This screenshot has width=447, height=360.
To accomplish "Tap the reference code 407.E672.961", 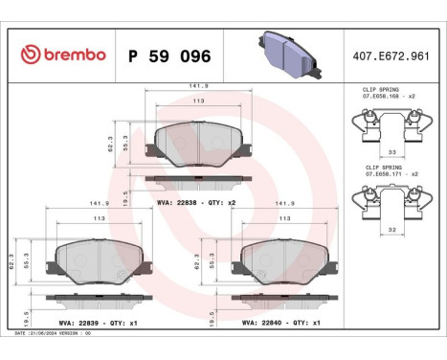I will pos(391,55).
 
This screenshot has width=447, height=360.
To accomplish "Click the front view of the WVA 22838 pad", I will pos(197,145).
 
